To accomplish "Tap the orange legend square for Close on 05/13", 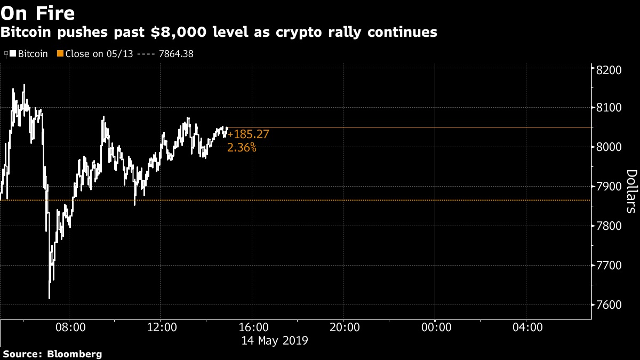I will pyautogui.click(x=60, y=54).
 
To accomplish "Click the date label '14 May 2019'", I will pyautogui.click(x=275, y=340).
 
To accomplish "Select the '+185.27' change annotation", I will pyautogui.click(x=248, y=135).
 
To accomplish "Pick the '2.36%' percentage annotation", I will pyautogui.click(x=242, y=148).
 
